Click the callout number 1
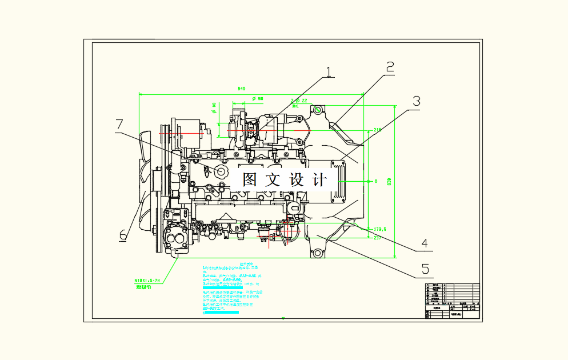[329, 71]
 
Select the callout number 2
[390, 67]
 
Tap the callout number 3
[416, 101]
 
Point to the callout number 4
[424, 243]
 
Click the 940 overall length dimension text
[241, 89]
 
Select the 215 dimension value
[378, 130]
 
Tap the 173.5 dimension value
[380, 229]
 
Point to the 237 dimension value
[377, 238]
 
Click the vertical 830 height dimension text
[390, 181]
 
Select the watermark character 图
[250, 180]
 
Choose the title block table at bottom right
[452, 301]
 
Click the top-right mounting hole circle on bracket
[318, 109]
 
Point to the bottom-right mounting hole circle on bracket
[316, 252]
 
